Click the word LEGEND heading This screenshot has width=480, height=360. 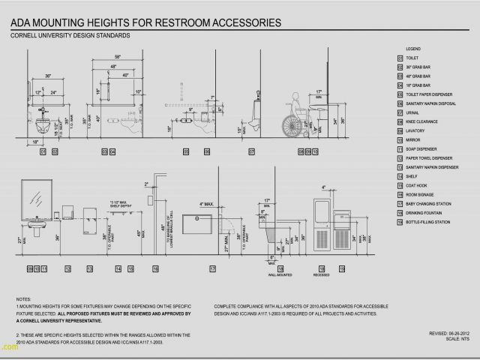[x=413, y=48]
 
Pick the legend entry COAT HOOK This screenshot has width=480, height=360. [x=416, y=185]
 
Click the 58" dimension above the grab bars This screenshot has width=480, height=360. [x=117, y=57]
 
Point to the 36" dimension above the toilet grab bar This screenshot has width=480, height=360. [x=48, y=76]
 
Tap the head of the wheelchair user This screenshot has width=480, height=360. [x=298, y=96]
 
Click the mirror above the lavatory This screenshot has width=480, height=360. [x=34, y=196]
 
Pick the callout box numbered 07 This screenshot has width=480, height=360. [x=251, y=151]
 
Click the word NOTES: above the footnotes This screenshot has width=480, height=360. [x=22, y=299]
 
